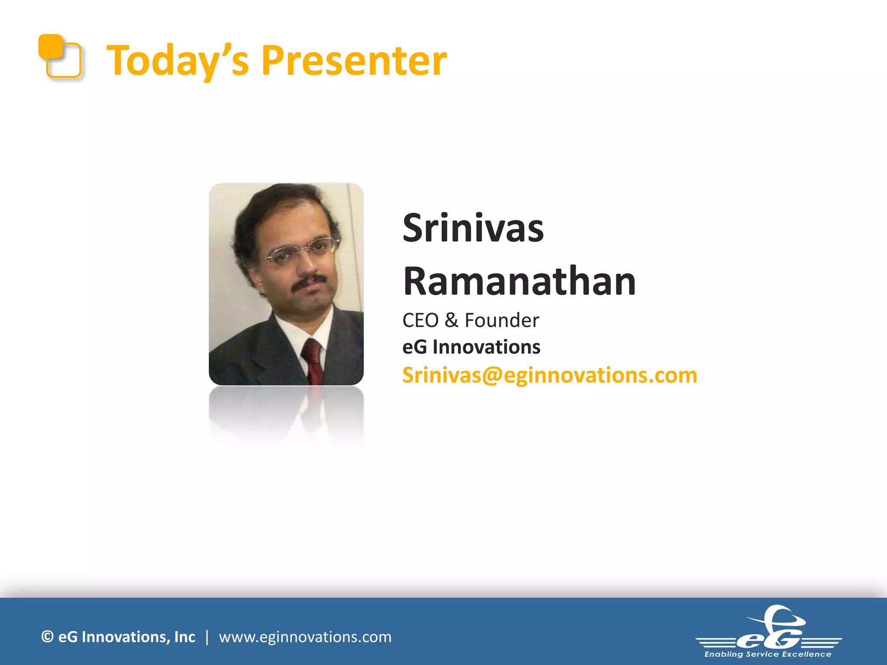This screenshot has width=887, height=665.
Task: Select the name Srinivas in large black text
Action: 473,229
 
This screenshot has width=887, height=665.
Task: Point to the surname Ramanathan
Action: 519,281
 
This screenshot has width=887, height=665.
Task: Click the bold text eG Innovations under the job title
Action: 471,347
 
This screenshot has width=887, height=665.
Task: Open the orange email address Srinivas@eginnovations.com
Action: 549,375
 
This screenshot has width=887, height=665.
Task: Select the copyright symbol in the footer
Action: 47,637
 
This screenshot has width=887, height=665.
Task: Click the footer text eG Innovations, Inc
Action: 126,637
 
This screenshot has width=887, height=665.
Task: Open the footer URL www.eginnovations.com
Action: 305,637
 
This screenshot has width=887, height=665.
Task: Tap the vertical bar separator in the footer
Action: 207,637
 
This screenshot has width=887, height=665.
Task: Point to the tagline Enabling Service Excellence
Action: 768,654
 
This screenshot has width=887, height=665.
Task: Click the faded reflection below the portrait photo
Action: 286,411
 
